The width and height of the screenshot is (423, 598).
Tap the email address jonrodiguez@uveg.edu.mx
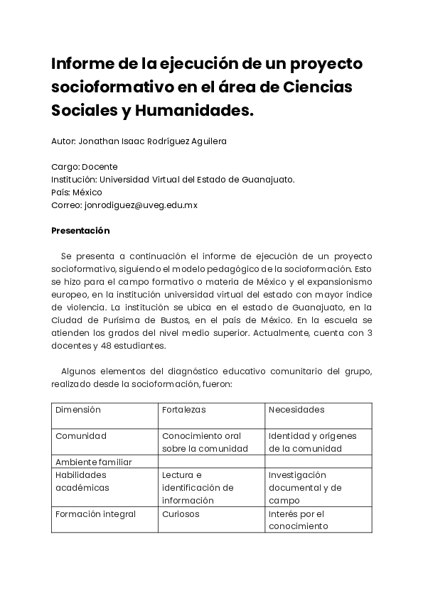(x=141, y=205)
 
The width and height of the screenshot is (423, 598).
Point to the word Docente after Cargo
(x=100, y=167)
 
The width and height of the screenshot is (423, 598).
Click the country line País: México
(x=77, y=192)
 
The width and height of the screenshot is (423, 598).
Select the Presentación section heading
(x=80, y=231)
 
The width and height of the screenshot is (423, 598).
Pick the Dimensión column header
(x=78, y=410)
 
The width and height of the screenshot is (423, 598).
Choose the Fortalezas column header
(x=183, y=410)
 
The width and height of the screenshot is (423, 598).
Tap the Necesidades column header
(x=296, y=410)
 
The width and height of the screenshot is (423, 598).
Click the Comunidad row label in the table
(x=81, y=436)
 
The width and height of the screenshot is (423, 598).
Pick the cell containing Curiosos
(x=181, y=514)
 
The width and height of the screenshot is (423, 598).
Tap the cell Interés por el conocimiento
(x=298, y=520)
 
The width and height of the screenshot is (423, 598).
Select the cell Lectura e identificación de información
(x=198, y=487)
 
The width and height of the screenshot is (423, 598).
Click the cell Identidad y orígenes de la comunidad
(x=313, y=442)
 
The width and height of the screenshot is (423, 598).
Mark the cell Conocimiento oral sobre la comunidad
(x=205, y=442)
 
